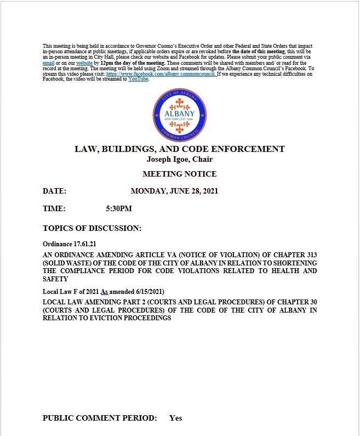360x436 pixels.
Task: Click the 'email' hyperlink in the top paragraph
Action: coord(48,63)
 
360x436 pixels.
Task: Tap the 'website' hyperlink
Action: coord(84,63)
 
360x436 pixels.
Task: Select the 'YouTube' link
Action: coord(138,79)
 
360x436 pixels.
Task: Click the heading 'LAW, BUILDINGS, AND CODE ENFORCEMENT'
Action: coord(180,149)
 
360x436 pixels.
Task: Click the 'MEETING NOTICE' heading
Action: coord(180,174)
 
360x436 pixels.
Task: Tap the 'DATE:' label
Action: coord(54,191)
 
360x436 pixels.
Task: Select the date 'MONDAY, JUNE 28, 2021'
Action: coord(175,191)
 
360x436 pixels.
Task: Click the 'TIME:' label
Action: coord(54,209)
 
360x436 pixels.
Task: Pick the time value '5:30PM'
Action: coord(119,209)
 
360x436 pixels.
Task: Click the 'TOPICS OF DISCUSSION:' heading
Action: coord(92,228)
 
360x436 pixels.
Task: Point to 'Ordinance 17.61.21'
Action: coord(70,243)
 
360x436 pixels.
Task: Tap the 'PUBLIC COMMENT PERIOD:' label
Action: coord(100,418)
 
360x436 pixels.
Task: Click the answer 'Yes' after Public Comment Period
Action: coord(175,418)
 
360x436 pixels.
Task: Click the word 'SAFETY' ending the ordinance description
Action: coord(55,279)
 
